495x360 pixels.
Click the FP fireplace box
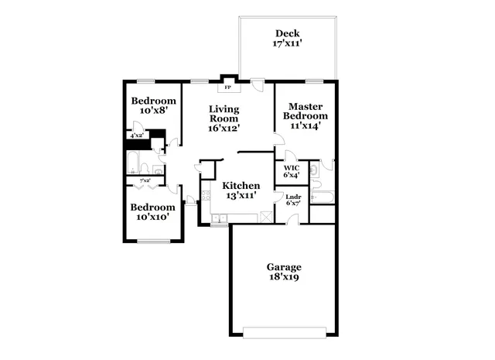click(x=227, y=87)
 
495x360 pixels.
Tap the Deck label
click(x=288, y=33)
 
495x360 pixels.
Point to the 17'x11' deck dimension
click(x=288, y=44)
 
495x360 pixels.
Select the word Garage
click(x=283, y=267)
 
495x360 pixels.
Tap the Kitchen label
click(x=241, y=186)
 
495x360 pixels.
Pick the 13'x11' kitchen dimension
click(x=241, y=197)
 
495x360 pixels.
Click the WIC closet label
click(x=292, y=167)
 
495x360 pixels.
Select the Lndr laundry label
click(x=293, y=197)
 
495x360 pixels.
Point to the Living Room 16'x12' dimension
click(x=224, y=129)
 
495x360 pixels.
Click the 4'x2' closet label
click(x=137, y=135)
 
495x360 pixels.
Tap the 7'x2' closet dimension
click(x=145, y=180)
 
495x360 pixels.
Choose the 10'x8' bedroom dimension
click(x=153, y=111)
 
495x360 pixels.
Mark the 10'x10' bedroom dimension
click(x=152, y=218)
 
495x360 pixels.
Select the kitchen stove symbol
click(x=206, y=194)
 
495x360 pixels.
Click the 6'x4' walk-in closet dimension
click(x=292, y=175)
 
